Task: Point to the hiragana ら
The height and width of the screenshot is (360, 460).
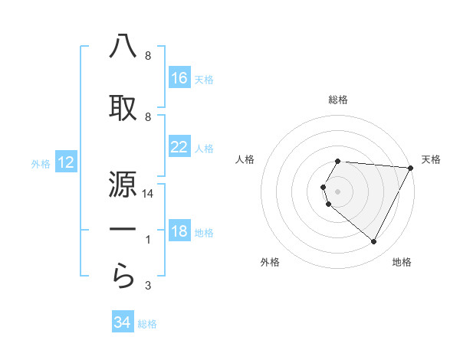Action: (x=123, y=277)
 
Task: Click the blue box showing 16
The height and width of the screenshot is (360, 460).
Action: (x=179, y=78)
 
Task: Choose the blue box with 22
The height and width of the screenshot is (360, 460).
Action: (x=179, y=147)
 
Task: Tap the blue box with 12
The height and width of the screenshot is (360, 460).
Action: (x=66, y=162)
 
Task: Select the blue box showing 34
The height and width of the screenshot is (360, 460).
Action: (x=122, y=322)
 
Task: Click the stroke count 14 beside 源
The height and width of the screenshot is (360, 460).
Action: (x=148, y=194)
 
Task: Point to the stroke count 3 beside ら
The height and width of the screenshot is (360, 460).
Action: (x=148, y=286)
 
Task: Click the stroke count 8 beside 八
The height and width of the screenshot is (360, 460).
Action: (x=148, y=56)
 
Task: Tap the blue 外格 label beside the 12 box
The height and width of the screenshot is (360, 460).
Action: (x=41, y=163)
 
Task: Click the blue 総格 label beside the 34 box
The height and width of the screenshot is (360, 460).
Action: (x=147, y=323)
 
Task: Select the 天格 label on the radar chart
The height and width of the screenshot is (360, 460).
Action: (x=431, y=159)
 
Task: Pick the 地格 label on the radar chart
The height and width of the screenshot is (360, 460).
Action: (x=402, y=262)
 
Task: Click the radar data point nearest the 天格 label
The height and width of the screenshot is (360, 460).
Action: (x=411, y=168)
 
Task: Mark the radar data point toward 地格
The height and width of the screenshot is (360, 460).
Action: (x=374, y=242)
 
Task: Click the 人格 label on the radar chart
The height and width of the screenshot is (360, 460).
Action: (x=245, y=159)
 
